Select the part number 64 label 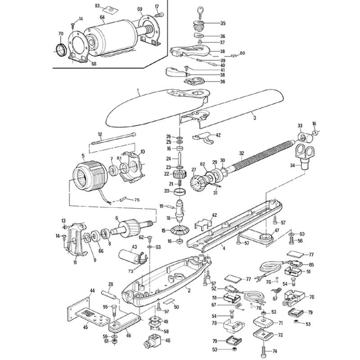tap(103, 18)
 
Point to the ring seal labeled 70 tap(60, 49)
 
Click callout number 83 tap(98, 5)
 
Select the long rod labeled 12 tap(112, 139)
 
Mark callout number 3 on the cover tap(254, 118)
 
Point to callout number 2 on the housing tap(189, 290)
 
